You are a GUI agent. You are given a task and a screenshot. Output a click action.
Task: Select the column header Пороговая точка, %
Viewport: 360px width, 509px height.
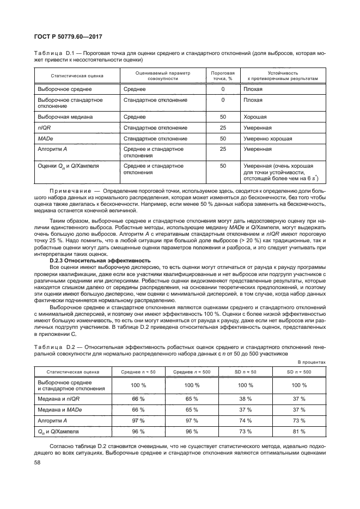click(223, 75)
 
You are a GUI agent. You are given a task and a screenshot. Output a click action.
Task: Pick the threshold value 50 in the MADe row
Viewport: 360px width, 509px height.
click(223, 138)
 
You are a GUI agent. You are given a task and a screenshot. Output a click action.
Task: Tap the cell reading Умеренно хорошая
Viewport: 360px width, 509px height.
click(267, 138)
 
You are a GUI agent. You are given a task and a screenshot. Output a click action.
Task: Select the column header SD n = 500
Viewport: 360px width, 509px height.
click(299, 371)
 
